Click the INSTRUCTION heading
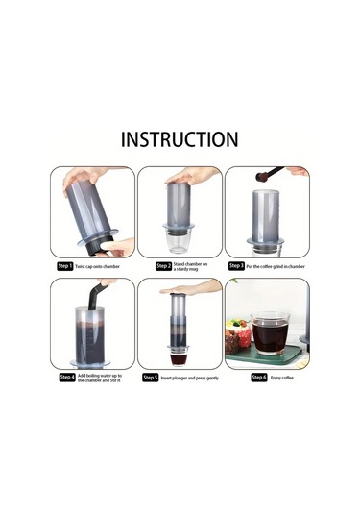point(180,139)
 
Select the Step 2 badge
point(163,266)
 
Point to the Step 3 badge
point(236,266)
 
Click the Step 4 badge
point(66,378)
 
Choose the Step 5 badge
point(150,378)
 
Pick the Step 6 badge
point(259,378)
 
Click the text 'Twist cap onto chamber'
point(98,266)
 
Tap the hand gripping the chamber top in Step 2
point(192,176)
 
